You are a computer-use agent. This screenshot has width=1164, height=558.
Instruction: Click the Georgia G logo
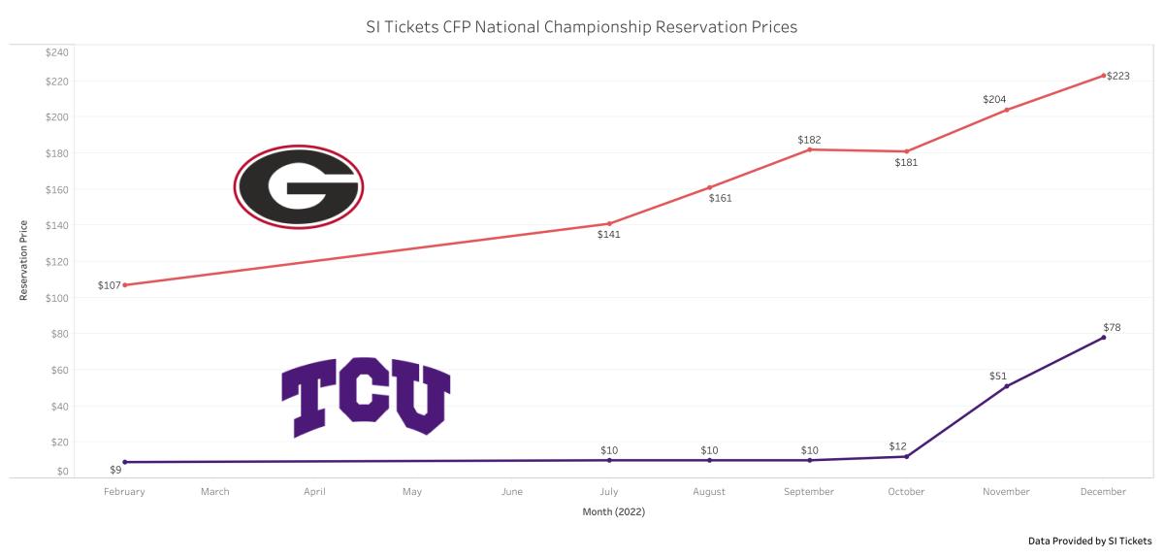tap(299, 186)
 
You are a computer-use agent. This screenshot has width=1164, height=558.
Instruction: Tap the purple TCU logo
tap(366, 400)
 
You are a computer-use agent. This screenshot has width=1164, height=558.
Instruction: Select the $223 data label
tap(1118, 76)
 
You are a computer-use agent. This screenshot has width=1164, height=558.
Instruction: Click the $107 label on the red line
tap(110, 285)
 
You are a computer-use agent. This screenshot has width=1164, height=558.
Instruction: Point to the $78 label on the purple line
tap(1112, 328)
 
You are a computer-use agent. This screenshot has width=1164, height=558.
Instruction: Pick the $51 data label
tap(998, 376)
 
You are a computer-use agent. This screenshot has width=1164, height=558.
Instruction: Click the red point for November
tap(1006, 110)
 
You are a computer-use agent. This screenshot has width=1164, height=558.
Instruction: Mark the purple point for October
tap(907, 456)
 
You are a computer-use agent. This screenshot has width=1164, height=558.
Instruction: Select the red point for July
tap(609, 224)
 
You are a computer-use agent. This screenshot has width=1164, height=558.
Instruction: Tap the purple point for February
tap(125, 462)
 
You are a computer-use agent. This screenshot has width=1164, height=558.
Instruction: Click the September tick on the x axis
tap(809, 492)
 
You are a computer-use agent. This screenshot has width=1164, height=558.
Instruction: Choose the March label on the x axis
tap(215, 492)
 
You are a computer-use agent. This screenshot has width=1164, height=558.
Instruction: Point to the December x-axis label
tap(1104, 492)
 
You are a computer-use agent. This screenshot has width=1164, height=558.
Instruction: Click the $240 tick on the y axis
tap(56, 51)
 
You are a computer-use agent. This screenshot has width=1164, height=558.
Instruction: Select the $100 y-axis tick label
tap(56, 298)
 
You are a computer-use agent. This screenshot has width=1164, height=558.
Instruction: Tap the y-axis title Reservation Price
tap(23, 261)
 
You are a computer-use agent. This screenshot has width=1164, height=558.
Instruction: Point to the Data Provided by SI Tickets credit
tap(1090, 541)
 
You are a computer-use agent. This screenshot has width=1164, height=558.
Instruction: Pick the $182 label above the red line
tap(809, 140)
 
